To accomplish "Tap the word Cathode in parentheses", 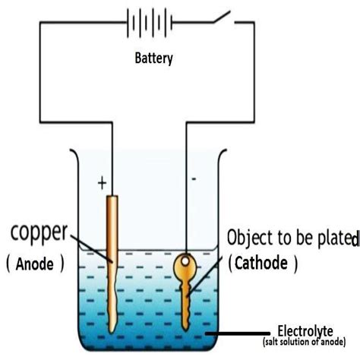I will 260,263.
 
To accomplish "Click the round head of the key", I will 185,267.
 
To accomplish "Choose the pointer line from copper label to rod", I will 95,248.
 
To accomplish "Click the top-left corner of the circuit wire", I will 39,24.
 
